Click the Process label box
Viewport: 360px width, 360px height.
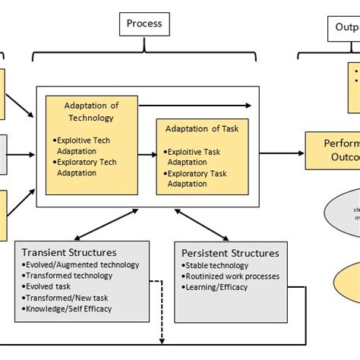(x=144, y=24)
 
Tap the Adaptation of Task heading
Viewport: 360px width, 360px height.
(x=203, y=128)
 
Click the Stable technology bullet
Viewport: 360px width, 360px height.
(x=216, y=265)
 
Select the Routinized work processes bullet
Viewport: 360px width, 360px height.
(x=231, y=276)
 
